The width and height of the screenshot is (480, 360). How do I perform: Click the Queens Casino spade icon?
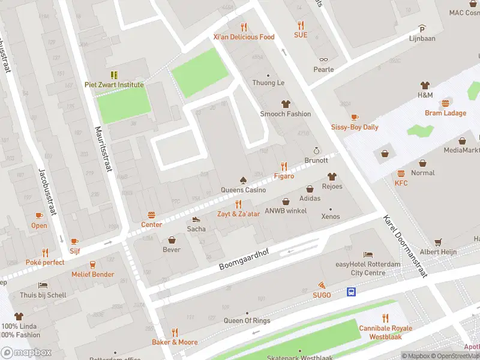(x=243, y=180)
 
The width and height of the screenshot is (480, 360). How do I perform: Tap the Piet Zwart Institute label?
(x=114, y=85)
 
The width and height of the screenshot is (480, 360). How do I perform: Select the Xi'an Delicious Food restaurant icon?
(x=244, y=26)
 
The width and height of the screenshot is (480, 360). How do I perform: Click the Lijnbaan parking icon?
(x=422, y=28)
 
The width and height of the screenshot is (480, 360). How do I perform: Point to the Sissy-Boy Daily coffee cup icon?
(x=355, y=117)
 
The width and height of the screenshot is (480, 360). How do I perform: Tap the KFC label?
(x=401, y=182)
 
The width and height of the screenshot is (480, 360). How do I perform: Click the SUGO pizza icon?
(x=322, y=285)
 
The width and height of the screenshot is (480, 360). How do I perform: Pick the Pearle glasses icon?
(x=323, y=59)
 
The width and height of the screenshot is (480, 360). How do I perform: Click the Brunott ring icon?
(x=316, y=151)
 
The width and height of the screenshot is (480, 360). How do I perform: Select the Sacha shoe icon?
(x=196, y=219)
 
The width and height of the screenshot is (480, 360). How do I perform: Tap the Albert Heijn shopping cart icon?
(x=438, y=241)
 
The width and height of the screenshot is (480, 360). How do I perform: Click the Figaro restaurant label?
(x=284, y=176)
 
